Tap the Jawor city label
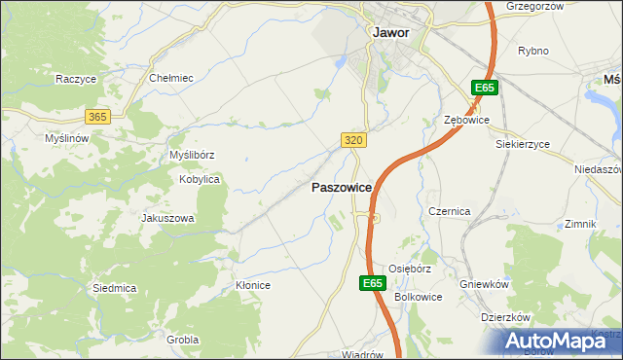click(390, 32)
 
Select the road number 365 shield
click(96, 116)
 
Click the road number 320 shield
click(354, 141)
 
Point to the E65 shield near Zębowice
click(484, 89)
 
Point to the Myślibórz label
click(192, 155)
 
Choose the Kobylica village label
click(200, 180)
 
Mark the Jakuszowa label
click(167, 218)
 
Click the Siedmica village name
click(114, 288)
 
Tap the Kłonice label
click(252, 285)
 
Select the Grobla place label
click(182, 340)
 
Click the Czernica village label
click(450, 211)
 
